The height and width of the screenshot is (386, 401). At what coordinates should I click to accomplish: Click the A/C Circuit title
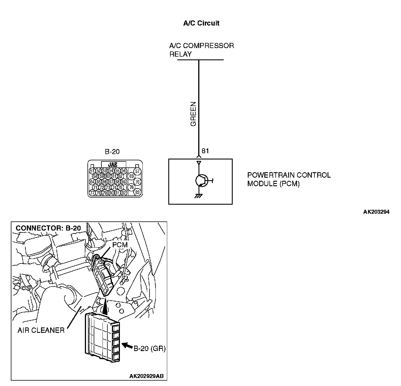201,23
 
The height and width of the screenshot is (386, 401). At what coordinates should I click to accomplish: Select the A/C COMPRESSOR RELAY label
201,50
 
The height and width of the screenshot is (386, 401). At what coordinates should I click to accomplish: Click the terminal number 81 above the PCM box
205,151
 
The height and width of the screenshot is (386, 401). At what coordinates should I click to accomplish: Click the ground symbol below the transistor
199,196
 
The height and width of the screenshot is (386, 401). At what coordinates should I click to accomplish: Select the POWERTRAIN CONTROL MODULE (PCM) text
289,179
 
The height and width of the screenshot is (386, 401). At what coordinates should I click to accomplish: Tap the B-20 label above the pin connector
112,152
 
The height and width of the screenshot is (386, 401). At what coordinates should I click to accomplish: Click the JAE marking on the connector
113,165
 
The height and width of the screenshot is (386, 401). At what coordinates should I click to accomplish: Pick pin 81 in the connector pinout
117,193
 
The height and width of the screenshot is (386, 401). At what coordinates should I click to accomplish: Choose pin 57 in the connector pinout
137,171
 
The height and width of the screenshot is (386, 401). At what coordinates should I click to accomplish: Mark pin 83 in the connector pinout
137,192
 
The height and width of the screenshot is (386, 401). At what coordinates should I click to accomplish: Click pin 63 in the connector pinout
131,176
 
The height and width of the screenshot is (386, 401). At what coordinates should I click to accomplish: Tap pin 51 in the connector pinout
92,171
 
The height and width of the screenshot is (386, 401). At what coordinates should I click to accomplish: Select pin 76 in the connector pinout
131,187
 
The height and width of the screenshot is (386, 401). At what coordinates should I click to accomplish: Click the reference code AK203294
376,212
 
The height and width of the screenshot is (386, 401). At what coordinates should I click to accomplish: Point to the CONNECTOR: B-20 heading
48,228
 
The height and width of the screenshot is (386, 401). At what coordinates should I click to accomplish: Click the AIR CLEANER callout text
41,330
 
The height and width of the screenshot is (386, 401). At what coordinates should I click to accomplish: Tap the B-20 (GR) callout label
150,348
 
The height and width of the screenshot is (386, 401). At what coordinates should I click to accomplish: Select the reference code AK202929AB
146,376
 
